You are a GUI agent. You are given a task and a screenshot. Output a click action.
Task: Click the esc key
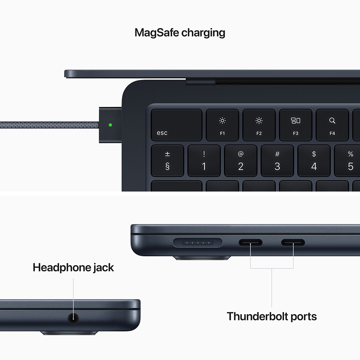tap(176, 125)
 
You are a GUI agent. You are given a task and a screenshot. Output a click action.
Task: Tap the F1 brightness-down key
tap(222, 125)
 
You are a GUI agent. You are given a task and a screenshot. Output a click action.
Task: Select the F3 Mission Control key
tap(295, 125)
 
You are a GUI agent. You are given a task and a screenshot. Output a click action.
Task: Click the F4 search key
tap(332, 125)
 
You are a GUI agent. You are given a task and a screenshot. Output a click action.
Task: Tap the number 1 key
tap(204, 161)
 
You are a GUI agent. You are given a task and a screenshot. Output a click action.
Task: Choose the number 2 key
tap(240, 161)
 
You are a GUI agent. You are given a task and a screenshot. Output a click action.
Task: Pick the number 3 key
tap(277, 161)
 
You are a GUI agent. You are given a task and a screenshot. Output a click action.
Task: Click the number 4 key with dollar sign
tap(314, 161)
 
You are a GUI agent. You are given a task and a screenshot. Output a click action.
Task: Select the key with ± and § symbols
tap(167, 161)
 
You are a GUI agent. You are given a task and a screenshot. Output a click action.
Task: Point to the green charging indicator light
tap(110, 125)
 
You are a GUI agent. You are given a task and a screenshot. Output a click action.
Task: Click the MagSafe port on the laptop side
tap(198, 243)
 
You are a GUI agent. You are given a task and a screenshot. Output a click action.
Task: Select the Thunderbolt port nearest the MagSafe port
tap(251, 243)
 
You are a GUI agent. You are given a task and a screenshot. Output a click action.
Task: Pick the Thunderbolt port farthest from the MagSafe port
tap(293, 243)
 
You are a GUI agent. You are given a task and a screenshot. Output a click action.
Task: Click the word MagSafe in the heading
tap(156, 33)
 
